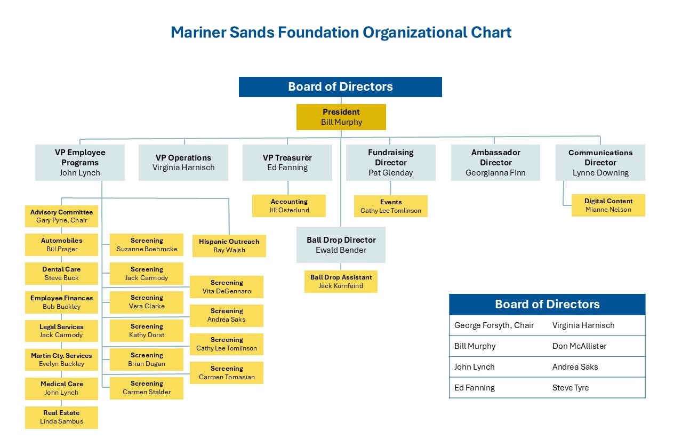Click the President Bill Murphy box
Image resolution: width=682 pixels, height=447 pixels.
tap(341, 117)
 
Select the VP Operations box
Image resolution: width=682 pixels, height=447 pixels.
tap(183, 163)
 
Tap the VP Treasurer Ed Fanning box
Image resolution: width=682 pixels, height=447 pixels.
tap(287, 163)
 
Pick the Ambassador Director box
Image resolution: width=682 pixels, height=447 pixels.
tap(495, 163)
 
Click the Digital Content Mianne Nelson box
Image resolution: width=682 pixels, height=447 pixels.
tap(608, 205)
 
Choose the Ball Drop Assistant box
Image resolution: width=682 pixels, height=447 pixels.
tap(341, 282)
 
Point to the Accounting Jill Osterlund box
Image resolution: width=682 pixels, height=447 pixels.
tap(288, 206)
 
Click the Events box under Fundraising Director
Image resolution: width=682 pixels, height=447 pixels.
tap(390, 206)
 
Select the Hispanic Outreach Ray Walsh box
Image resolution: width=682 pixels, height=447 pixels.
tap(229, 246)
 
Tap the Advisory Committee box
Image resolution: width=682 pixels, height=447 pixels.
tap(61, 216)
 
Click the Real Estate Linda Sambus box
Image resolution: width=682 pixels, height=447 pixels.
tap(61, 417)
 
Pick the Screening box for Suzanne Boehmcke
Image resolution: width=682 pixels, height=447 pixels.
tap(147, 245)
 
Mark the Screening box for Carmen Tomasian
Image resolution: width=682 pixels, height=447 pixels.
tap(227, 373)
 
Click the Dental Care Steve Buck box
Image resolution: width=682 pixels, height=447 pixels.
tap(61, 274)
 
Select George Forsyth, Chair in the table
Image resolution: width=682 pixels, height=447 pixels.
tap(494, 325)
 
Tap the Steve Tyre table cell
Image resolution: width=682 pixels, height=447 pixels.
tap(571, 388)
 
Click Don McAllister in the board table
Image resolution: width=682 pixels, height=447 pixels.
tap(579, 346)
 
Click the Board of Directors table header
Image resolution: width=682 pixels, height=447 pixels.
tap(547, 305)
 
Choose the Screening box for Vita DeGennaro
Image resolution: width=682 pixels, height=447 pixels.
tap(227, 287)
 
